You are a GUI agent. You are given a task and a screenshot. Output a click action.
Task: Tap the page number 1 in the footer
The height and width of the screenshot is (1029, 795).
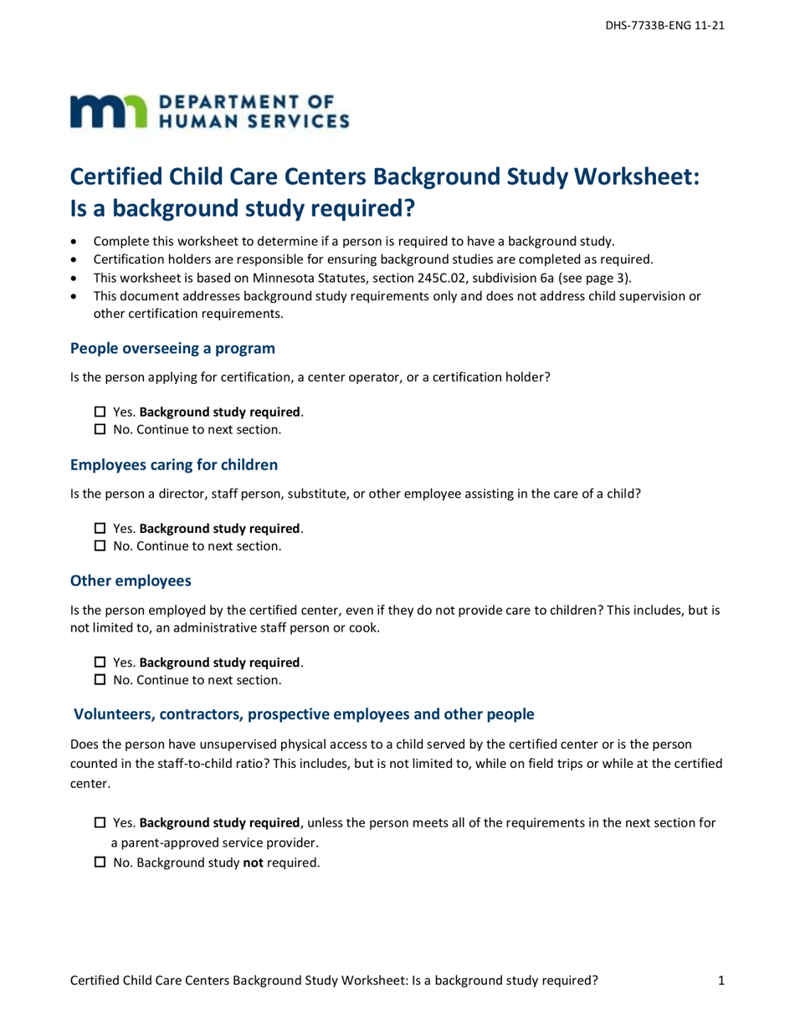click(x=721, y=981)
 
